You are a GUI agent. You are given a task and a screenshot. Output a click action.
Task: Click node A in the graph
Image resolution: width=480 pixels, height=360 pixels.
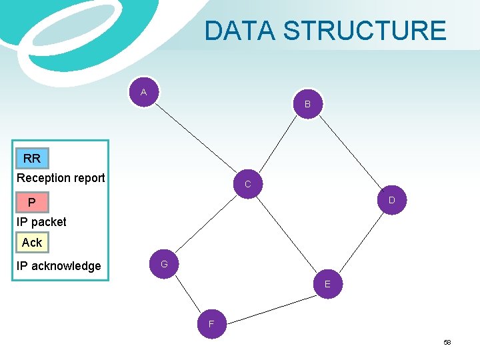[144, 93]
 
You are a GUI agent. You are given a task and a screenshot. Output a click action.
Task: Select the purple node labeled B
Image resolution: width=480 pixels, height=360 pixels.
[307, 104]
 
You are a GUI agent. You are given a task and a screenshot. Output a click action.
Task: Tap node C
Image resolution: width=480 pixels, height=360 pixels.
[247, 183]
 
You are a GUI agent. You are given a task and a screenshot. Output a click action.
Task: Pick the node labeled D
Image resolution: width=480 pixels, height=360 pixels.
[391, 200]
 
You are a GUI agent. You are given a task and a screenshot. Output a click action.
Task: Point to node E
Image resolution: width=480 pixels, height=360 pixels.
[327, 284]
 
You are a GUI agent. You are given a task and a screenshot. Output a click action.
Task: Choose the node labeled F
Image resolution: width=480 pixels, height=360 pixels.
[211, 324]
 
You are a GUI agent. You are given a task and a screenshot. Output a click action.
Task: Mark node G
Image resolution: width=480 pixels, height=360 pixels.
[164, 265]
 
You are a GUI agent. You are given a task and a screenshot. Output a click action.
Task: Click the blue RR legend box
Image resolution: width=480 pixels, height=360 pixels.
[32, 159]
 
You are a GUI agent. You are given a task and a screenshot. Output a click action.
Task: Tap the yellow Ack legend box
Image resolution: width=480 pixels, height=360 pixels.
[32, 243]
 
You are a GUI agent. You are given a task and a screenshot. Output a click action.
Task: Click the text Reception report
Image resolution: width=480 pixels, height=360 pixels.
[61, 178]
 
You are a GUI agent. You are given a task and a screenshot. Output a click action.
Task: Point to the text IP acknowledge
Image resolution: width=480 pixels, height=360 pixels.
[59, 266]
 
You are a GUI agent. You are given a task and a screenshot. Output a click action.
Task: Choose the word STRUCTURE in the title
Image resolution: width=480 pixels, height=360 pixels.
[365, 31]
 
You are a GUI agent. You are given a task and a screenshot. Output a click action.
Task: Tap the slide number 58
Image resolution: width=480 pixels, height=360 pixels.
[447, 342]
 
